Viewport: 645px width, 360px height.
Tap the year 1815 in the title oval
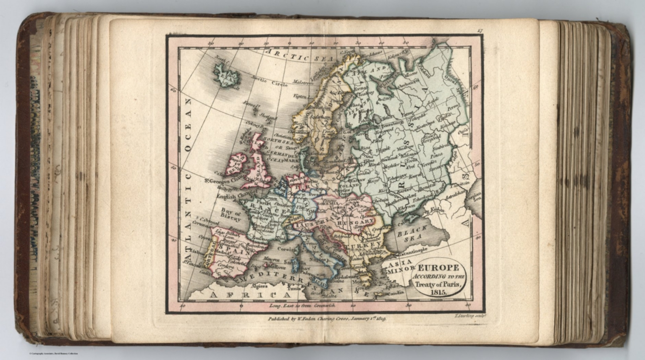(x=439, y=293)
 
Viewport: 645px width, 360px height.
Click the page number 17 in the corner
(x=480, y=30)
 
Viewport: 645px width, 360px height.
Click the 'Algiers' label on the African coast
(x=261, y=286)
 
